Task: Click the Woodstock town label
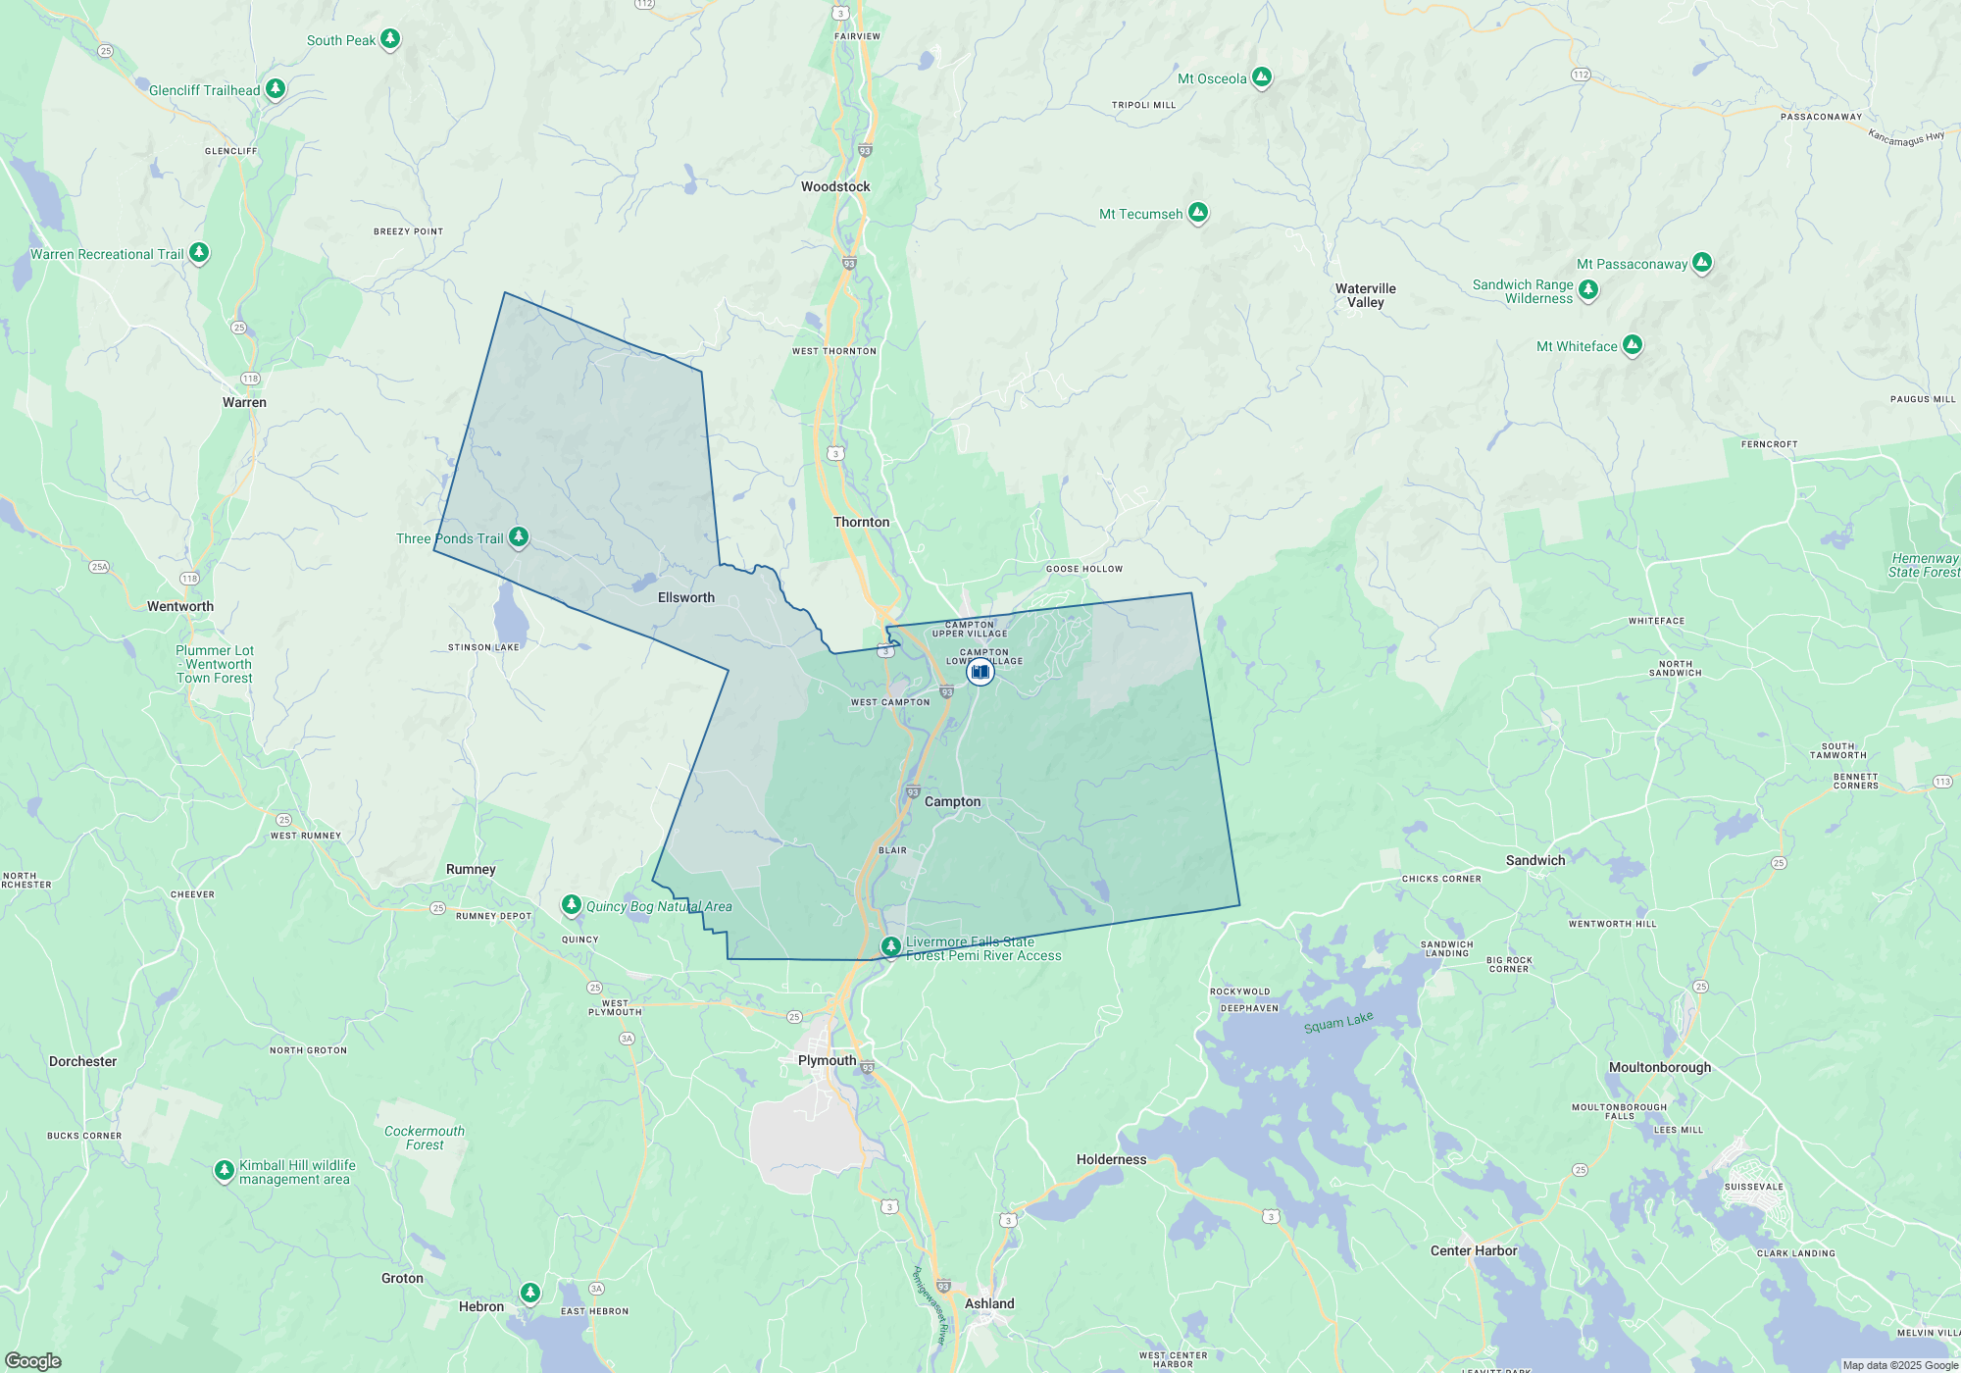[x=835, y=186]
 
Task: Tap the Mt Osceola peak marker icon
[x=1262, y=76]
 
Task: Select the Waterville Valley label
[x=1365, y=295]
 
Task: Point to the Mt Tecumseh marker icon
[x=1197, y=212]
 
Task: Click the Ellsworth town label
[x=686, y=597]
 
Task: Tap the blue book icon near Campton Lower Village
[x=980, y=672]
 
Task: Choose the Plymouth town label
[x=827, y=1060]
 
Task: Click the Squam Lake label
[x=1338, y=1022]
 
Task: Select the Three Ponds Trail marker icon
[x=519, y=536]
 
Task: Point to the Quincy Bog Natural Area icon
[x=572, y=904]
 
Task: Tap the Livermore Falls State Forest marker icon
[x=890, y=946]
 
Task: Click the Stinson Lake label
[x=483, y=647]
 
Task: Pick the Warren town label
[x=244, y=402]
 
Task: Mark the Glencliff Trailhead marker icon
[x=276, y=88]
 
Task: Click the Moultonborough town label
[x=1660, y=1067]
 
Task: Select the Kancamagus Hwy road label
[x=1906, y=138]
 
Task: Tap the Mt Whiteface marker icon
[x=1633, y=344]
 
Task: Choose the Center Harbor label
[x=1473, y=1250]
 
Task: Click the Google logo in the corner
[x=33, y=1360]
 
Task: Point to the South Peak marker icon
[x=390, y=38]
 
